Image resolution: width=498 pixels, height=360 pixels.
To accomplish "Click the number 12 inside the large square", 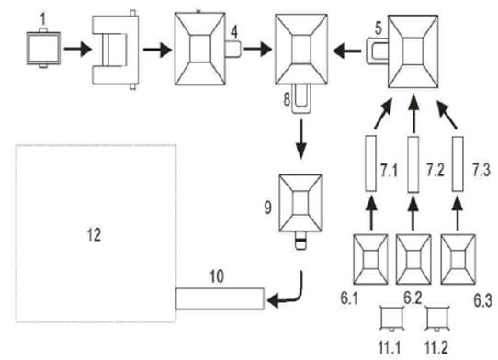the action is [x=94, y=235].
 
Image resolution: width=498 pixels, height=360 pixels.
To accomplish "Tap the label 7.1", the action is [x=389, y=171].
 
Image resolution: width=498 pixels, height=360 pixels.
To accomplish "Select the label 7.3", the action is [x=481, y=171].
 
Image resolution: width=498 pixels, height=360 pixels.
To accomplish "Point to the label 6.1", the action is [x=349, y=298].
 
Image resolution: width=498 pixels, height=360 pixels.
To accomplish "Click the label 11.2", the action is [x=436, y=348].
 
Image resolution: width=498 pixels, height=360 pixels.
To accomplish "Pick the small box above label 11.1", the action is [x=392, y=319].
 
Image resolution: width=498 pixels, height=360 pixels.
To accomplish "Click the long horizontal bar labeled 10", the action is [x=220, y=298].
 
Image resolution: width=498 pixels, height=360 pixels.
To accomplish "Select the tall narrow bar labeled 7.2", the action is [x=413, y=164].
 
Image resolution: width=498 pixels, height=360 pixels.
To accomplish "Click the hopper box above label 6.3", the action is [x=458, y=259].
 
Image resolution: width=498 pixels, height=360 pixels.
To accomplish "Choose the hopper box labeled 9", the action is [x=300, y=203].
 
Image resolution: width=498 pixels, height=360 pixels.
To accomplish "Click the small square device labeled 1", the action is [x=43, y=48].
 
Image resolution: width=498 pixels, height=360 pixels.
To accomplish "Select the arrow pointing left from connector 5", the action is [x=346, y=51].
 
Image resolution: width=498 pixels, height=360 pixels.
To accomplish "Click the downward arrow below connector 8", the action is [x=300, y=139].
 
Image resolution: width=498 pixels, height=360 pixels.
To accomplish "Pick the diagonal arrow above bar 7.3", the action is [x=447, y=115].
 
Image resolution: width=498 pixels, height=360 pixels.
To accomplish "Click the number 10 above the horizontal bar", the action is [x=217, y=276].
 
